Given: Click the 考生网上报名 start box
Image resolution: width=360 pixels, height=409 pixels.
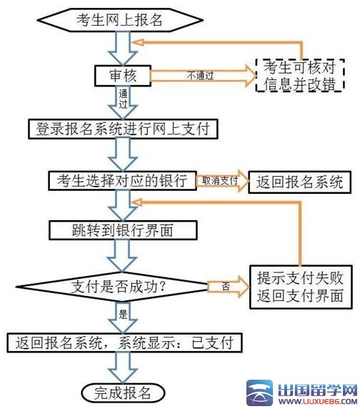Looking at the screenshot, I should click(x=120, y=19).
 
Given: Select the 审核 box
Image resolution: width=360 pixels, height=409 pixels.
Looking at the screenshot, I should click(x=119, y=74).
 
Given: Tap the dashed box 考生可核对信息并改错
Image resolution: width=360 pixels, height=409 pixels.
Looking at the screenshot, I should click(x=300, y=75).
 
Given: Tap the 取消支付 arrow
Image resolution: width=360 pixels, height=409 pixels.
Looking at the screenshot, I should click(x=220, y=181).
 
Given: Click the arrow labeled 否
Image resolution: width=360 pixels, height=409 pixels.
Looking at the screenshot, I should click(x=226, y=286).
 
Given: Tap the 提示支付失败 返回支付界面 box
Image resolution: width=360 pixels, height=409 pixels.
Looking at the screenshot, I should click(x=300, y=287).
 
